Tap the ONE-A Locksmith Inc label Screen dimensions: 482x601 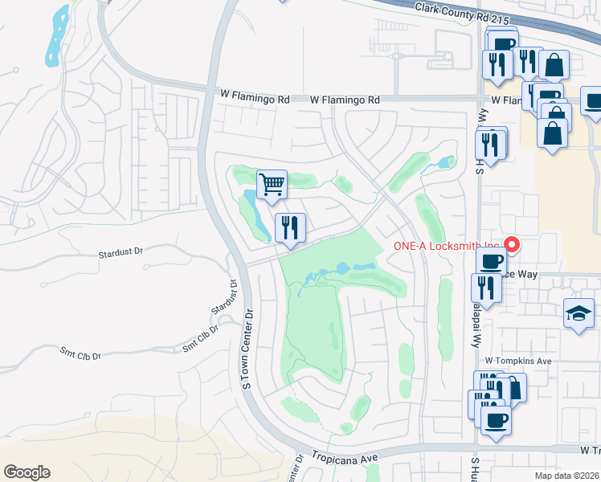pos(445,247)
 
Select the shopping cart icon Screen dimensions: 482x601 pos(272,185)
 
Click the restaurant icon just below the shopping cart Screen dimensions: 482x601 pos(290,228)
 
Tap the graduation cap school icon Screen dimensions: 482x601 pos(578,313)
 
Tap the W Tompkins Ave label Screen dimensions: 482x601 pos(517,361)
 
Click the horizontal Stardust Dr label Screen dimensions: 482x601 pos(120,252)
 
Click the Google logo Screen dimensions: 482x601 pos(27,472)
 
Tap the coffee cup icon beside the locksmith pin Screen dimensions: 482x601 pos(491,260)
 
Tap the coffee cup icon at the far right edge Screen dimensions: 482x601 pos(593,103)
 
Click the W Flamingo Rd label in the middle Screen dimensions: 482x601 pos(345,100)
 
